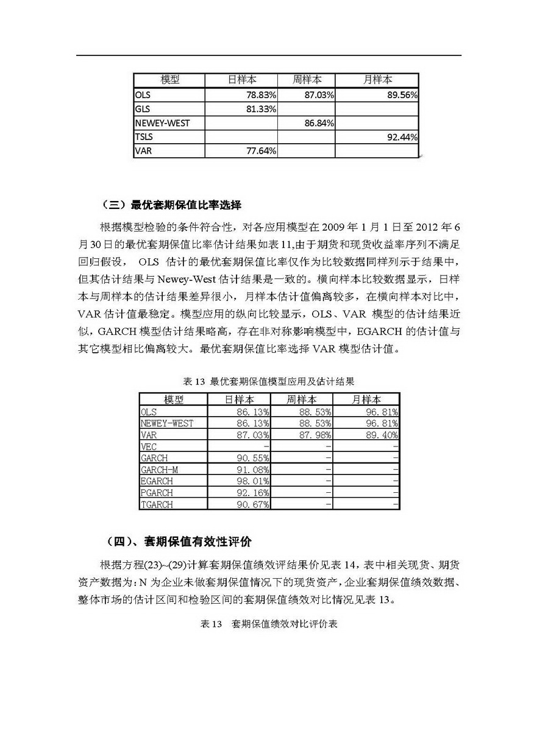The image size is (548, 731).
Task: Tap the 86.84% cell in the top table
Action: tap(318, 123)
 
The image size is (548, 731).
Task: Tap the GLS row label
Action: tap(143, 109)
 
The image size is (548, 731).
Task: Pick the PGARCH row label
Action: tap(157, 493)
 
